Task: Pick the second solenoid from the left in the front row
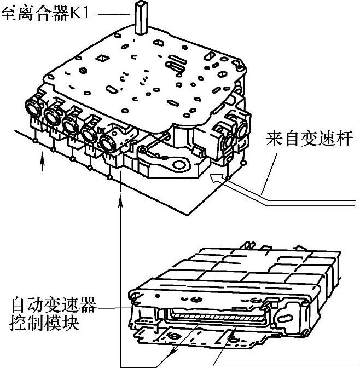[53, 114]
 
